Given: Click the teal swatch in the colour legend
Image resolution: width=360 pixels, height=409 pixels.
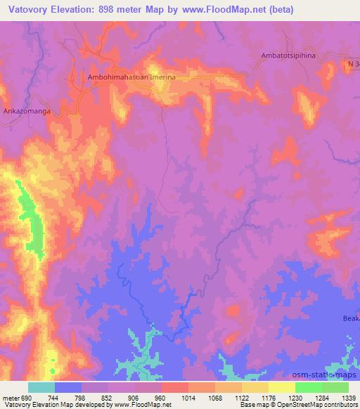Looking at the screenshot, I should click(41, 387).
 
